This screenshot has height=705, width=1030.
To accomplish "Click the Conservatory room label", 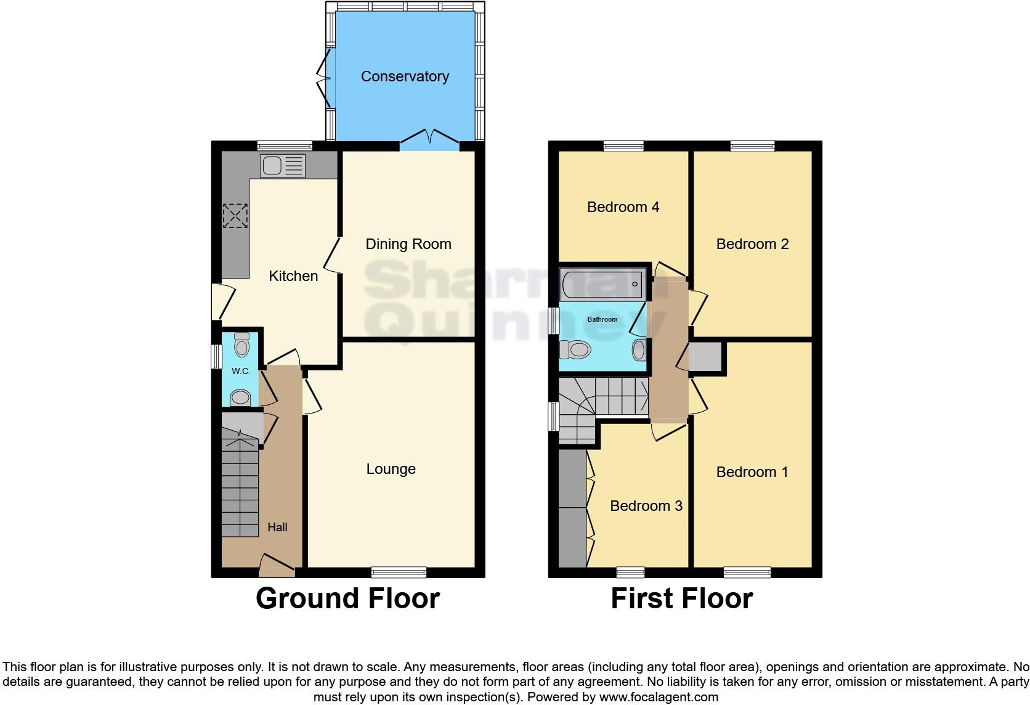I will click(x=405, y=76).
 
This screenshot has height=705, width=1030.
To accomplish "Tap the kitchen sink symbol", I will click(x=283, y=166).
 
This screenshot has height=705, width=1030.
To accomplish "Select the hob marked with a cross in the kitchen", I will click(x=235, y=216).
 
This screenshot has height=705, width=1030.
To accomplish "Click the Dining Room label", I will click(x=408, y=244).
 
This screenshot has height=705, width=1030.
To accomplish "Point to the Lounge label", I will click(x=391, y=469).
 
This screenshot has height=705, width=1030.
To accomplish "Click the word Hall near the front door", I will click(x=277, y=527).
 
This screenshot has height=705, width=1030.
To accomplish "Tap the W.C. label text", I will click(x=241, y=371).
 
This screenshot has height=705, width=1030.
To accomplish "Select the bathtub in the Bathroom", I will click(x=602, y=285).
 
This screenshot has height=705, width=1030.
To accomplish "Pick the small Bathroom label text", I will click(x=602, y=319).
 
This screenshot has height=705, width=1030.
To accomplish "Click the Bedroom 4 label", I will click(x=623, y=207).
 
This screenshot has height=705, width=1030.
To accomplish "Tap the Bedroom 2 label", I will click(x=752, y=244).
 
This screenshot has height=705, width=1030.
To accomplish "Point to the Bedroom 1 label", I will click(x=752, y=472).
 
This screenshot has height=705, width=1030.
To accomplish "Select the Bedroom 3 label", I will click(x=646, y=506).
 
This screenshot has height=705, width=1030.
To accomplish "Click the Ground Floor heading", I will click(x=347, y=598).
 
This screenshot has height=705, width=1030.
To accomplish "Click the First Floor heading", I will click(x=681, y=598).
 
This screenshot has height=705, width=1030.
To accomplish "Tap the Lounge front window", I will click(x=399, y=572).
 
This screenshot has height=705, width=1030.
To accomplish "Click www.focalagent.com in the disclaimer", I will click(x=659, y=697).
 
